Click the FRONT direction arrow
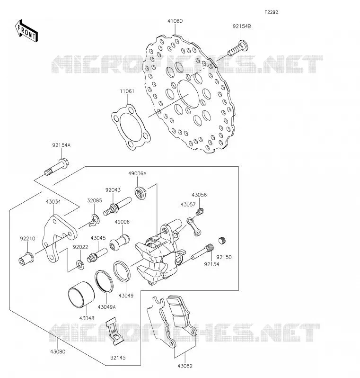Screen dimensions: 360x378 [26, 31]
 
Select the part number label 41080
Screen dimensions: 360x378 [175, 21]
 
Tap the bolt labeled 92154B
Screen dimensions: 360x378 [237, 48]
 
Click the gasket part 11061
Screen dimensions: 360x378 [131, 127]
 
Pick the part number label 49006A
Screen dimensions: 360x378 [137, 173]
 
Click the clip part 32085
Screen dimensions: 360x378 [95, 220]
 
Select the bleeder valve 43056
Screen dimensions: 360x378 [199, 212]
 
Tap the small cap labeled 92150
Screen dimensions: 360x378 [222, 240]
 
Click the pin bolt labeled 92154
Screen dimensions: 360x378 [202, 252]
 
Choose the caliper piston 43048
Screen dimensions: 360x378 [81, 295]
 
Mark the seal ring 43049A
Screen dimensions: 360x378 [104, 281]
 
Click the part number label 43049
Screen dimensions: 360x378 [126, 295]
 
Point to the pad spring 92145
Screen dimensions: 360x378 [115, 331]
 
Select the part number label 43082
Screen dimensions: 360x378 [185, 366]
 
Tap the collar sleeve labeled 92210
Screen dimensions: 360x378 [26, 259]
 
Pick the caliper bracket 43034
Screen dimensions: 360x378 [60, 239]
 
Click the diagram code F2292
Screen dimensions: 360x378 [271, 12]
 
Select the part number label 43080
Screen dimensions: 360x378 [58, 351]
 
